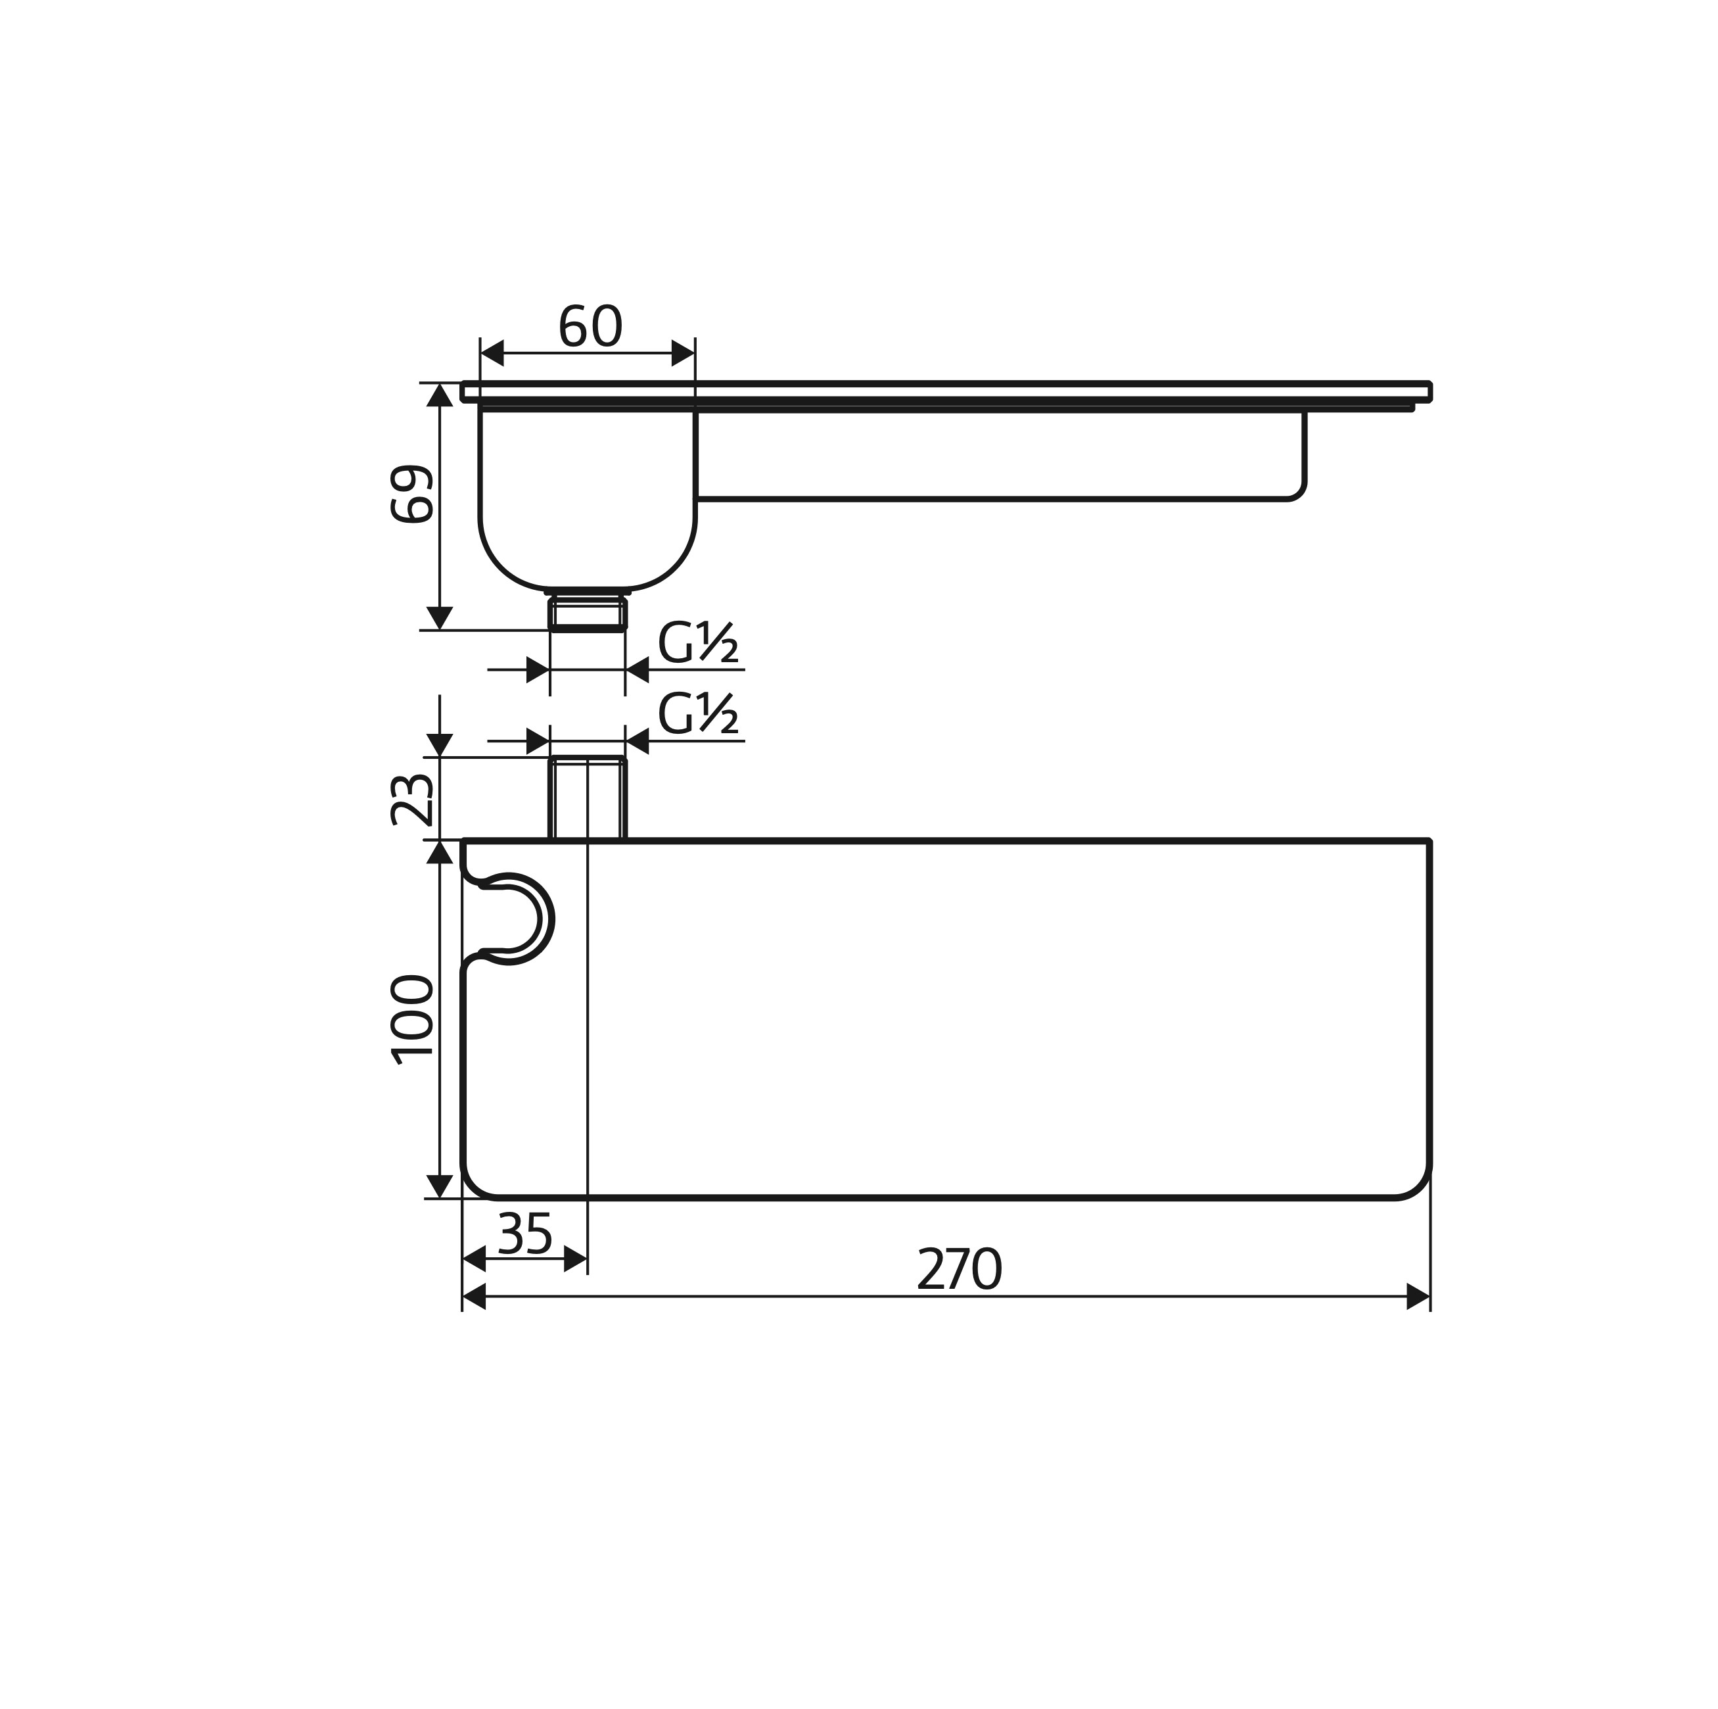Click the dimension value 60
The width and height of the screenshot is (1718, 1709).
point(590,327)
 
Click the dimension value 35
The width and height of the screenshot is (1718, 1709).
point(526,1233)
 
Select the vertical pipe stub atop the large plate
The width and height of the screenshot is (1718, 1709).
point(588,798)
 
